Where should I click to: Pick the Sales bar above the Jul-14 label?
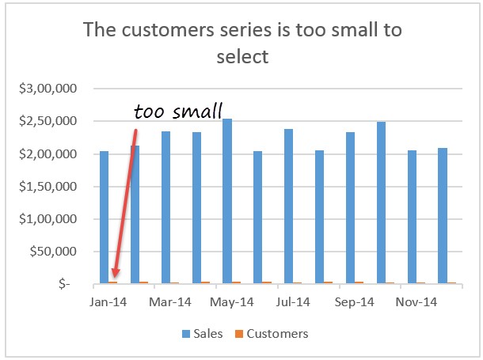coord(288,206)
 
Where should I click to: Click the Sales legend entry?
coord(203,333)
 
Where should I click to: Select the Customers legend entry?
coord(271,333)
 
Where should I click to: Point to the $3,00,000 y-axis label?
coord(48,89)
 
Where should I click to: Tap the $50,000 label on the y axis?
coord(51,252)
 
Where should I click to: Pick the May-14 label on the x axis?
coord(231,301)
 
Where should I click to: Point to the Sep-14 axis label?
coord(355,301)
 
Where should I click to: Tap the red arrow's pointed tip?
coord(114,278)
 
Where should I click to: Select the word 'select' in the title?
coord(242,56)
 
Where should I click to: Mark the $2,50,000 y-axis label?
coord(48,121)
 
